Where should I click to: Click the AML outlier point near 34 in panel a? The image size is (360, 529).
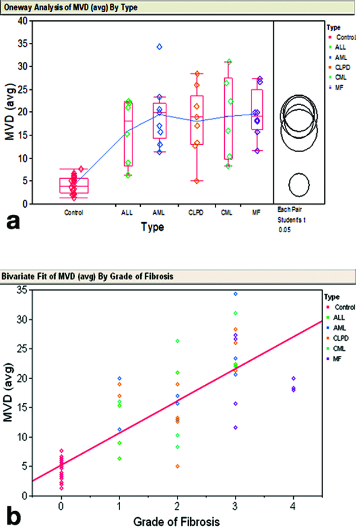click(x=159, y=47)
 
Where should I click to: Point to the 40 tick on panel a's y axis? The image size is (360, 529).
click(x=21, y=21)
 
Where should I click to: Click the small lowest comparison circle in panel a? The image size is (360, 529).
click(x=299, y=184)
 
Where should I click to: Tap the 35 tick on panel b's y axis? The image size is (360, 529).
click(x=21, y=290)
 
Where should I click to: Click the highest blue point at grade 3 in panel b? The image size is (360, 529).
click(x=235, y=293)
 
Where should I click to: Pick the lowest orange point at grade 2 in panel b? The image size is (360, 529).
click(x=177, y=466)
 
